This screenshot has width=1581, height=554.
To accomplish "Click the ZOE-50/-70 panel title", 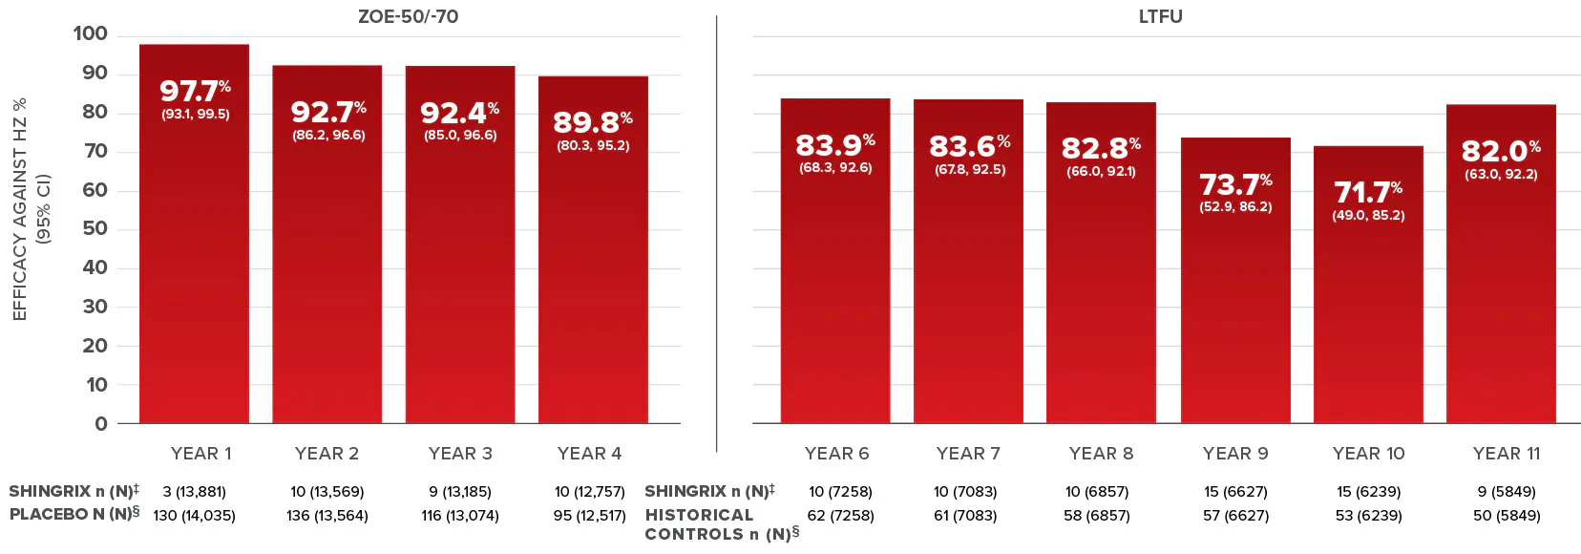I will click(408, 16).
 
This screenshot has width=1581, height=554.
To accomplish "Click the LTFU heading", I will click(1160, 16).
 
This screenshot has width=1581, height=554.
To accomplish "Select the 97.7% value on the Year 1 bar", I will click(195, 91).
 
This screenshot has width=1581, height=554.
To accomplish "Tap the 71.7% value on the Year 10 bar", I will click(1367, 193).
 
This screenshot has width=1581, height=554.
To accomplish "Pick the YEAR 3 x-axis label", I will click(460, 454).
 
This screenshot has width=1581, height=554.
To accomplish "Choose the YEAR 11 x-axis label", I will click(1507, 454).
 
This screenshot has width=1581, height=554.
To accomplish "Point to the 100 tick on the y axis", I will click(91, 34).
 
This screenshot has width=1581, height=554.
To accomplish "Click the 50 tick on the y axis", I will click(95, 229).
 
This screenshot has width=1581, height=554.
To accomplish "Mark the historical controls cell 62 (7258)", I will click(840, 516).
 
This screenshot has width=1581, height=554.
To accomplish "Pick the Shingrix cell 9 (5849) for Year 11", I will click(1507, 492).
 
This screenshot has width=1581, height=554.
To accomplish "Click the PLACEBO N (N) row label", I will click(74, 515).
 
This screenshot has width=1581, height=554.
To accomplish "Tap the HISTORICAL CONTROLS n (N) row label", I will click(721, 524).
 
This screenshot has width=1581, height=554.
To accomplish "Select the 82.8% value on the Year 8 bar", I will click(1101, 149).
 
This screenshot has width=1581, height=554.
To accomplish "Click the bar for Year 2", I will click(327, 287).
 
